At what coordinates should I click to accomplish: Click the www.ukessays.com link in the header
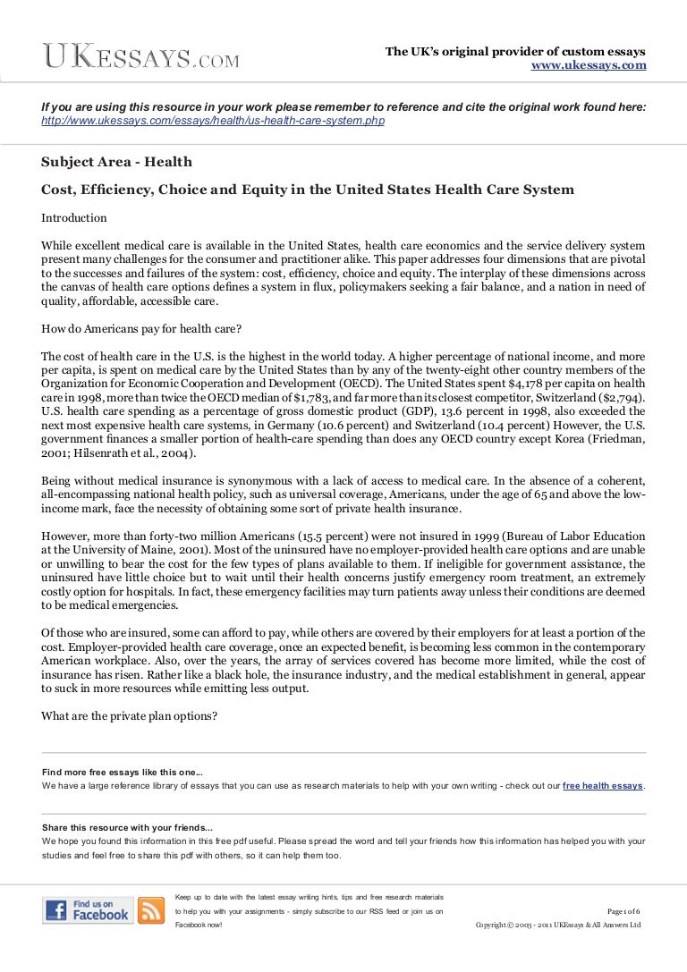(x=589, y=66)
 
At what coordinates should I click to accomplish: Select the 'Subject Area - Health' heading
(x=116, y=162)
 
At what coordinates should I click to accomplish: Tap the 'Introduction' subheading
(x=74, y=217)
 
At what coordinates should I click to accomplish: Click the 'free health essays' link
(x=603, y=786)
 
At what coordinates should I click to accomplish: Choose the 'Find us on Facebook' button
(x=87, y=909)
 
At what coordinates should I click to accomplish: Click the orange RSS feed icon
(x=151, y=910)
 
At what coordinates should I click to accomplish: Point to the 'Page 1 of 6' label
(x=623, y=910)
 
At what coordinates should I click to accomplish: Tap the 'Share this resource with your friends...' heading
(x=127, y=827)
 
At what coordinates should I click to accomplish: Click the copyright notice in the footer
(x=558, y=925)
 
